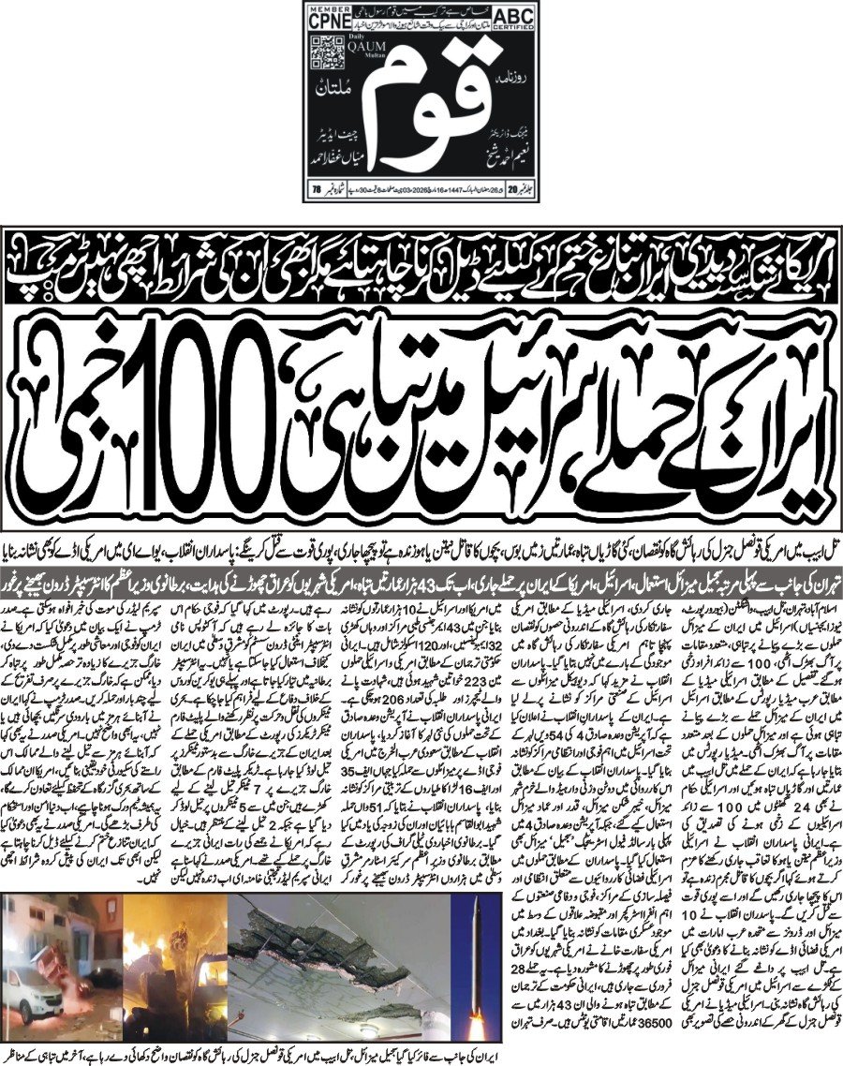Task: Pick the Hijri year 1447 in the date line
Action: pos(466,191)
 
